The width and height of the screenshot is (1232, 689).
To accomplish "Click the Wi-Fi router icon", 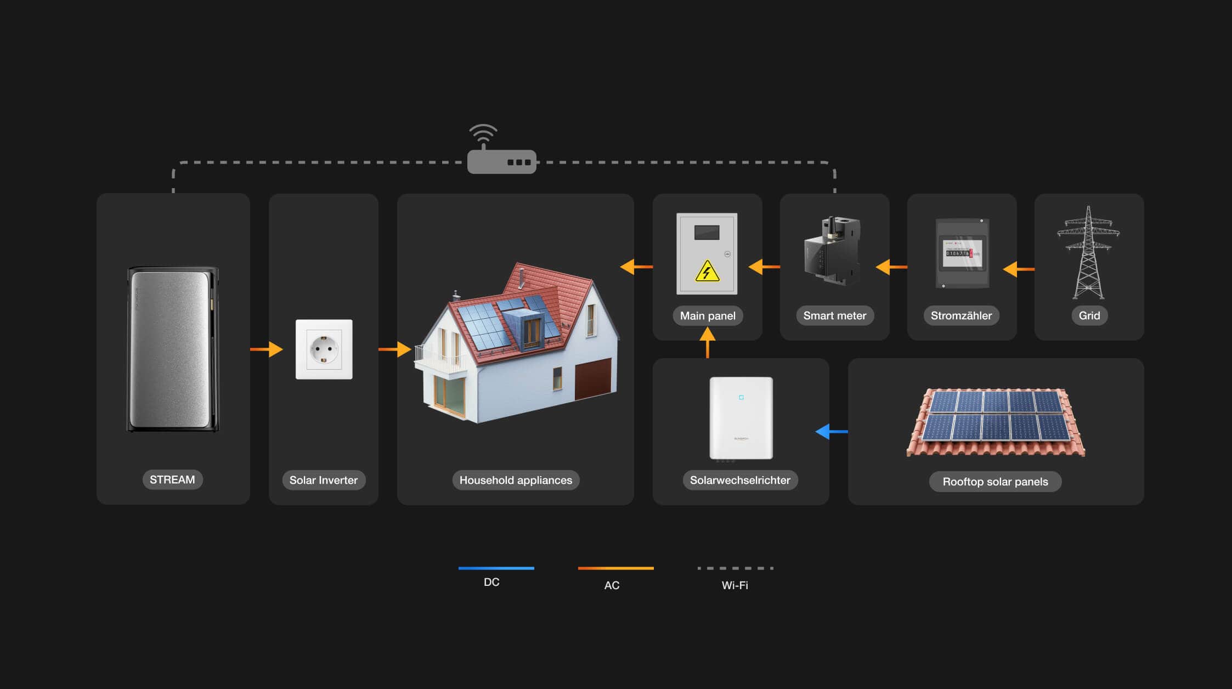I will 501,161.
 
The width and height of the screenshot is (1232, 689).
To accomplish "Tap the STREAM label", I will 172,479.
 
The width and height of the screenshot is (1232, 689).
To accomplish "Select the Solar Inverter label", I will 324,480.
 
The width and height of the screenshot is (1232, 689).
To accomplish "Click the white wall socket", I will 324,349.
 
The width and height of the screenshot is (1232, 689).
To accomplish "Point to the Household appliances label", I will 516,480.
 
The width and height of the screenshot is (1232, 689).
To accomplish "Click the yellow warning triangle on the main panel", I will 707,272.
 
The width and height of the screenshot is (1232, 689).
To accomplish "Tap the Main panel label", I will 708,315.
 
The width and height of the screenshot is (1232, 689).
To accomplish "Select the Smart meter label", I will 834,315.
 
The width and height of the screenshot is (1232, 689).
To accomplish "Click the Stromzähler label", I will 961,315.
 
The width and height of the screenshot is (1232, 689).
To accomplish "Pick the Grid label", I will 1089,315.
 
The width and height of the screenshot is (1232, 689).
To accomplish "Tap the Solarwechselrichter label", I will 740,480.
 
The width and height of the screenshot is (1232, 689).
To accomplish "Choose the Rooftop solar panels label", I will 995,482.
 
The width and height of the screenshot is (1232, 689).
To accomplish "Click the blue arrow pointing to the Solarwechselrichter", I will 831,432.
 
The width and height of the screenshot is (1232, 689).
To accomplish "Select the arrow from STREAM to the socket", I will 267,349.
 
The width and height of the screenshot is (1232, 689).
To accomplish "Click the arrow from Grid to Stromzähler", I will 1018,269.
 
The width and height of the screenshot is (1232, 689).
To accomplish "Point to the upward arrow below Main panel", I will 708,342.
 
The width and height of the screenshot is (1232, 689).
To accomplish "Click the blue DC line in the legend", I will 496,568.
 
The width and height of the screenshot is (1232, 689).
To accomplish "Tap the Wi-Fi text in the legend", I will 734,585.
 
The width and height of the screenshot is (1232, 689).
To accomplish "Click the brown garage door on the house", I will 593,378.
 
